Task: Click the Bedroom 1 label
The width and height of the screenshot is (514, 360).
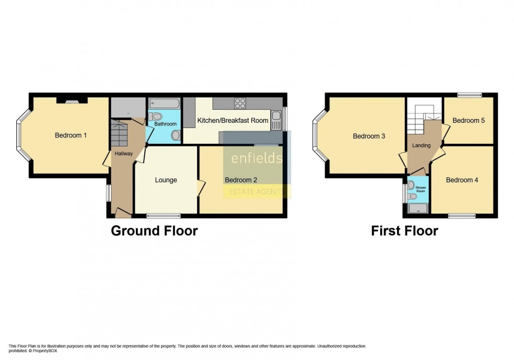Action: pos(71,135)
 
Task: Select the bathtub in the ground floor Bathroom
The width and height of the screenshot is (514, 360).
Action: pos(164,104)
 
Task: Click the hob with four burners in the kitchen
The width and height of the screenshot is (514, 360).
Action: pos(240,103)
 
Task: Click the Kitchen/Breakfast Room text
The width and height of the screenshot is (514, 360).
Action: pos(232,121)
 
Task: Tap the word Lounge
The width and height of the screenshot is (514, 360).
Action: pos(166,180)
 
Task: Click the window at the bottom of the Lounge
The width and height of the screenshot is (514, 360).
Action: pos(163,215)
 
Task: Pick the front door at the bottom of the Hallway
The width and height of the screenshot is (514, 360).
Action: pos(123,213)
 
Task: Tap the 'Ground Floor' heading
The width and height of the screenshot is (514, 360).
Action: pos(154,231)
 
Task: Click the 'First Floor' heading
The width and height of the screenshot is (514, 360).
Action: pos(404,231)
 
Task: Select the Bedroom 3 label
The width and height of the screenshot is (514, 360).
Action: pos(369,136)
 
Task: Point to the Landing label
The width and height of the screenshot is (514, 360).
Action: pos(421,145)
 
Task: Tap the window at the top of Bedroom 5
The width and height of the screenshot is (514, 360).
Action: pos(468,95)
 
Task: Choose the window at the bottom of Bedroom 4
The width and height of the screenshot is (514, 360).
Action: pos(462,215)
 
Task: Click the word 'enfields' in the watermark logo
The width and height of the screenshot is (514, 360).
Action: pos(257,158)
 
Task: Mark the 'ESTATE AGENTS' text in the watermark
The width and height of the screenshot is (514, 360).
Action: pos(257,192)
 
